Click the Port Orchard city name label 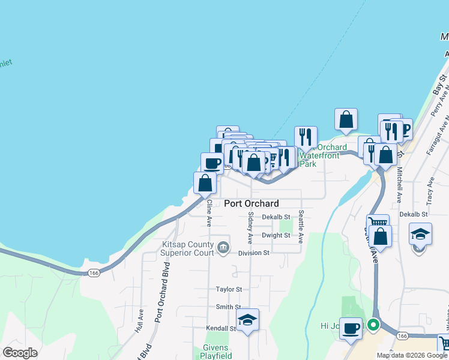tap(252, 203)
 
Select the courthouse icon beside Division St tap(223, 247)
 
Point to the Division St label tap(253, 253)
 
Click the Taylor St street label tap(229, 289)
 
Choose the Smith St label tap(229, 307)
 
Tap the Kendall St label tap(221, 329)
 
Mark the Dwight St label tap(276, 236)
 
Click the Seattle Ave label tap(301, 223)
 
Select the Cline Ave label tap(209, 213)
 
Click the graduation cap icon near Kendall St tap(247, 320)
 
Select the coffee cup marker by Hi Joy tap(351, 328)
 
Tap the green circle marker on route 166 tap(373, 326)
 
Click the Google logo tap(20, 352)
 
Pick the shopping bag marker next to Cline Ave tap(205, 182)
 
